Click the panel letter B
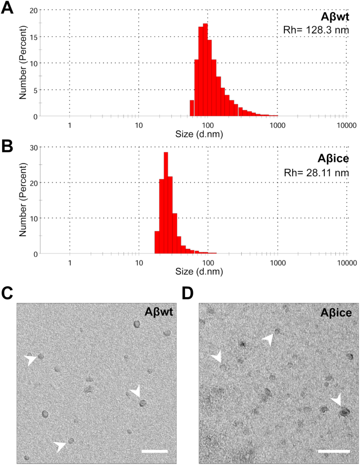pyautogui.click(x=8, y=146)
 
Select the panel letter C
pyautogui.click(x=8, y=292)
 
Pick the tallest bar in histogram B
pyautogui.click(x=166, y=203)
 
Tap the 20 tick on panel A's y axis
pyautogui.click(x=33, y=11)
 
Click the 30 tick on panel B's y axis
pyautogui.click(x=33, y=148)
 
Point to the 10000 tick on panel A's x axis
pyautogui.click(x=346, y=125)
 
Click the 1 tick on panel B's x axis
pyautogui.click(x=69, y=262)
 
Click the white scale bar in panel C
pyautogui.click(x=155, y=451)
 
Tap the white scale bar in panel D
pyautogui.click(x=334, y=451)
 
